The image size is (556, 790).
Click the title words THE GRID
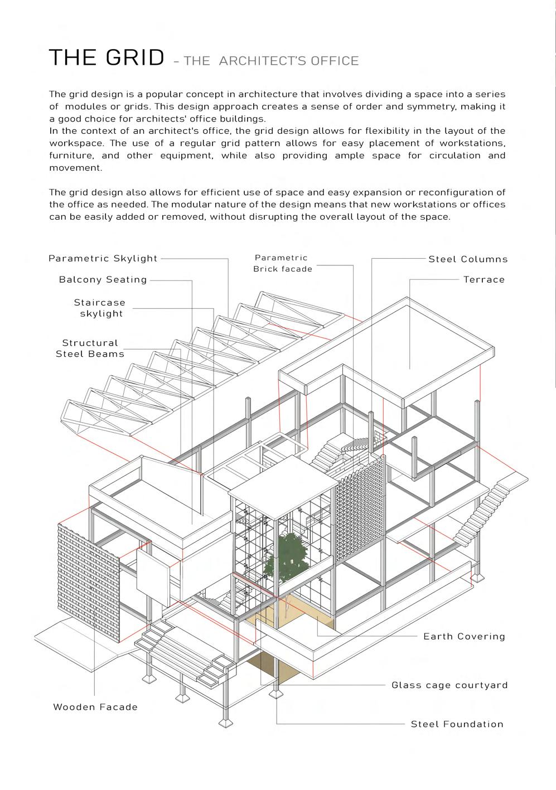107,58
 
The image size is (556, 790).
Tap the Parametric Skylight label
103,259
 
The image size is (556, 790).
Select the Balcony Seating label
103,280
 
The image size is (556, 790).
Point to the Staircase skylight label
100,308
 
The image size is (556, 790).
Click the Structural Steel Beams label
90,348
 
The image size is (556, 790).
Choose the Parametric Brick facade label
282,263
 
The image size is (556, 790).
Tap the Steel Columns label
468,259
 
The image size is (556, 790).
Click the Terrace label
484,280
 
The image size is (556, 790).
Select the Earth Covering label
464,637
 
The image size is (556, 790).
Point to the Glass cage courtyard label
449,685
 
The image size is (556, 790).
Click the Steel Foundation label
457,724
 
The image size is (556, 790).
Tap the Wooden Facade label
95,707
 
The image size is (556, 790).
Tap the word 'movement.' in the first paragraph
76,168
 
